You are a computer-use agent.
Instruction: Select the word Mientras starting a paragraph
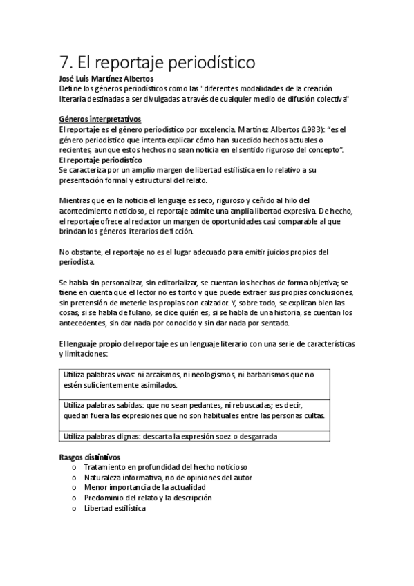pyautogui.click(x=75, y=200)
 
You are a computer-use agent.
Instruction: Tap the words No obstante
pyautogui.click(x=79, y=251)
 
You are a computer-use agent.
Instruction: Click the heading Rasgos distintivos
pyautogui.click(x=90, y=457)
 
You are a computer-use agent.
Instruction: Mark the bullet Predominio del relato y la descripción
pyautogui.click(x=147, y=498)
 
